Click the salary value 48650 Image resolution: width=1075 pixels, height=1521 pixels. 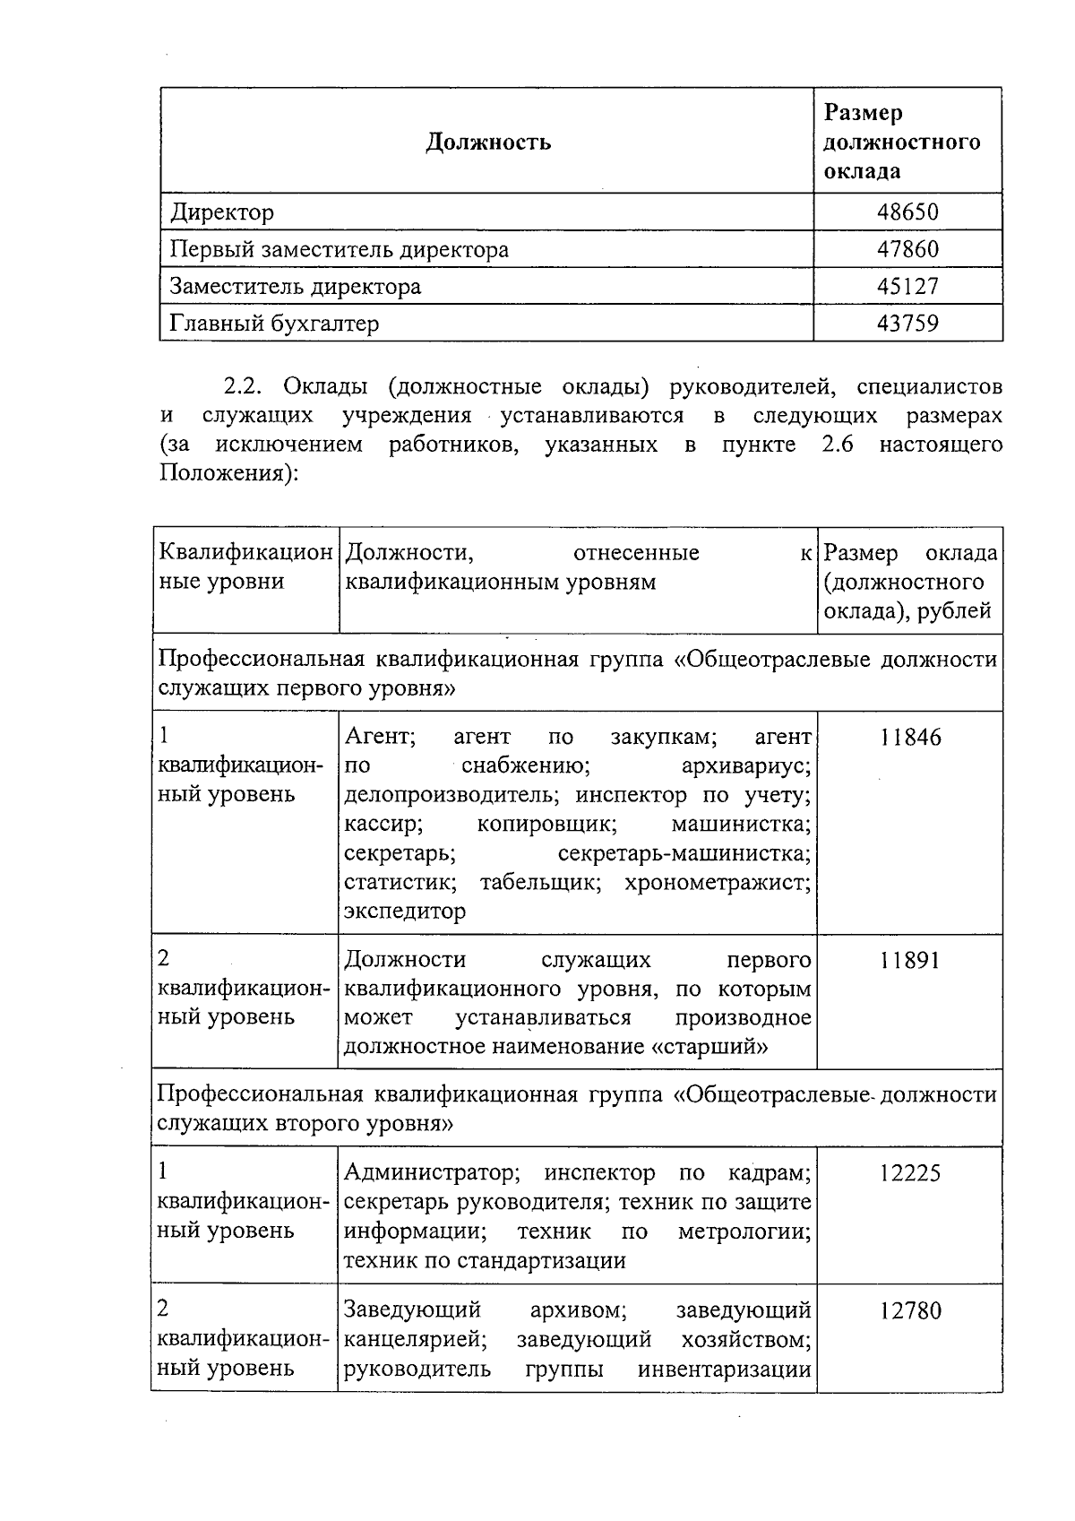(x=907, y=212)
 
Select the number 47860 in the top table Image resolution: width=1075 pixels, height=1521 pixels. (x=907, y=249)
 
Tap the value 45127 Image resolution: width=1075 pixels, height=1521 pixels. (x=907, y=287)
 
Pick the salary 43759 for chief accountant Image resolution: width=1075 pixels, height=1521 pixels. (x=907, y=324)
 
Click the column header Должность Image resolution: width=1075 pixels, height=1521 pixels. (x=488, y=142)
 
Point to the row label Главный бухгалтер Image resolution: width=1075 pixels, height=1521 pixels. (x=274, y=324)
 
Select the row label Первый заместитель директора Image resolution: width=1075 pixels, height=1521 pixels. (x=340, y=249)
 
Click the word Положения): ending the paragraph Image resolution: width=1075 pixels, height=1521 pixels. (x=228, y=473)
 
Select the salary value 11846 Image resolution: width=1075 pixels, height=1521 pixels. (x=910, y=738)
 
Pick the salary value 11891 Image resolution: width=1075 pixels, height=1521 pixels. (x=909, y=961)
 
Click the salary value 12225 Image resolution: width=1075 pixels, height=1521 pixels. (x=909, y=1173)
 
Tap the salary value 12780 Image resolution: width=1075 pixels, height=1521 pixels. (x=909, y=1311)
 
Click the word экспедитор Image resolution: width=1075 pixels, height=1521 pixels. (x=405, y=912)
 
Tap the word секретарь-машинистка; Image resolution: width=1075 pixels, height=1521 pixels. (x=684, y=853)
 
